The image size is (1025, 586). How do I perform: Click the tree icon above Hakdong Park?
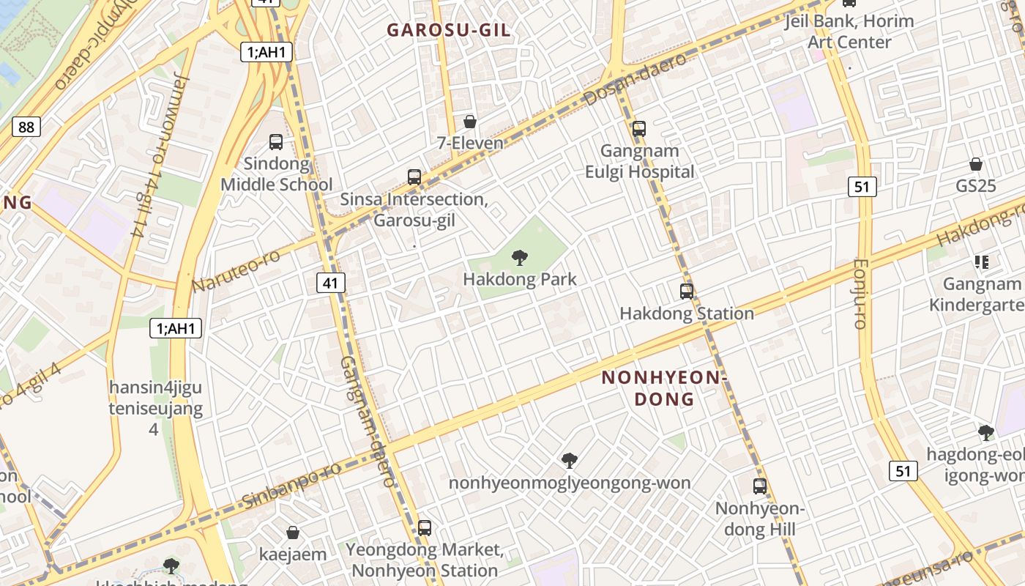click(520, 257)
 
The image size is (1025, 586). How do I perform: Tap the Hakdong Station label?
click(687, 314)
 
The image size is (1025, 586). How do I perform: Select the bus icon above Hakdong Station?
click(687, 292)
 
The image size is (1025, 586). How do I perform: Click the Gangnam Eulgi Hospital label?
click(639, 162)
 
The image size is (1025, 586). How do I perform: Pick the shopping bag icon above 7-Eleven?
click(470, 122)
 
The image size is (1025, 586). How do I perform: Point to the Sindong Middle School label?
click(277, 174)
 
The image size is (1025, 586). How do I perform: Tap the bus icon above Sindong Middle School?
click(276, 142)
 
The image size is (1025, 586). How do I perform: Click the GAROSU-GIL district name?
click(449, 30)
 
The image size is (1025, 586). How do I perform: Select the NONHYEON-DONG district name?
click(662, 388)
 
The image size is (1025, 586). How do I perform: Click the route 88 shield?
click(26, 127)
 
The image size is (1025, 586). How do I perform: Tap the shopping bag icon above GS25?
click(976, 164)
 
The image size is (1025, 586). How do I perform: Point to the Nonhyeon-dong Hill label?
click(759, 519)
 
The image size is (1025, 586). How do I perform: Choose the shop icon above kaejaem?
click(293, 533)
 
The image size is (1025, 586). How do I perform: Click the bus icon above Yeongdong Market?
click(425, 527)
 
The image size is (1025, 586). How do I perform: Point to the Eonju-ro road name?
click(860, 293)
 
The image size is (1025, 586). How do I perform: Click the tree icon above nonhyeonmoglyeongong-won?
click(570, 461)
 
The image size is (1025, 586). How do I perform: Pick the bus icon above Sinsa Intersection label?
click(414, 177)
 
